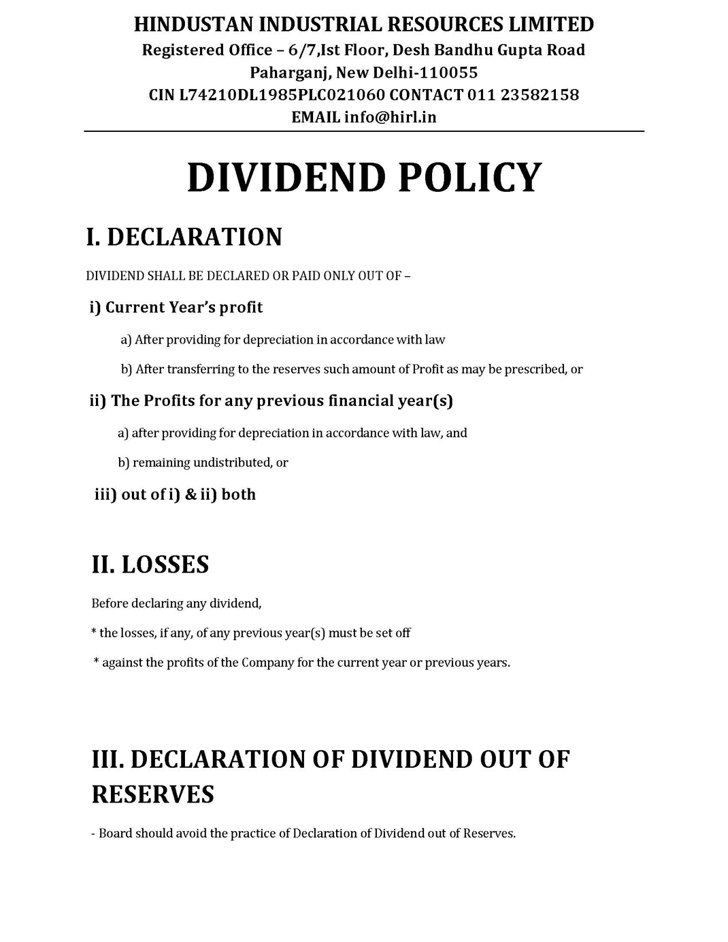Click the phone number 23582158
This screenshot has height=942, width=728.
point(540,95)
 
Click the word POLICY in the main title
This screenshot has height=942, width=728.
point(469,178)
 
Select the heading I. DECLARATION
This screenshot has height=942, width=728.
point(184,237)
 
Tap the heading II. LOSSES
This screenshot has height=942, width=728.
point(150,565)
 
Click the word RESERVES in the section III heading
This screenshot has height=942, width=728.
point(153,794)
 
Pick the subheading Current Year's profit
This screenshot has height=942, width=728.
point(184,307)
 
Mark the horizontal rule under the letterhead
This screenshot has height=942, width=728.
point(364,131)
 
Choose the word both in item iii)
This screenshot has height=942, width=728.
point(238,494)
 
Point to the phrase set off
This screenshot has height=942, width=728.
point(393,633)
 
